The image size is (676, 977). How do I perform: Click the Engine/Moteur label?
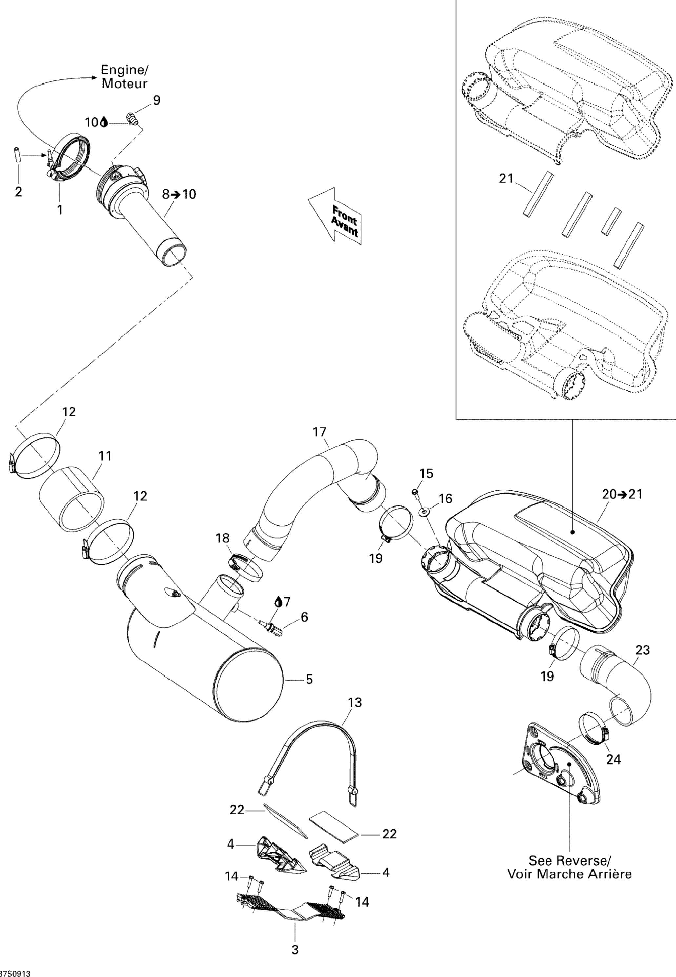coord(125,77)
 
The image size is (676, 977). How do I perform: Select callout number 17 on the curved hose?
coord(320,432)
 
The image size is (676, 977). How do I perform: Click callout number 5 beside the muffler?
coord(309,680)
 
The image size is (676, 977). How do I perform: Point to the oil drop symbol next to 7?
coord(278,602)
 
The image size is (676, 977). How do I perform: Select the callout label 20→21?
coord(622,494)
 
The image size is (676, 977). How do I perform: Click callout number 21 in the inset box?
coord(506,179)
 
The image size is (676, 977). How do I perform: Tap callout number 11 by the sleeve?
coord(105,456)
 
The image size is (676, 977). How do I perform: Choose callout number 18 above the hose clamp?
coord(223,538)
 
